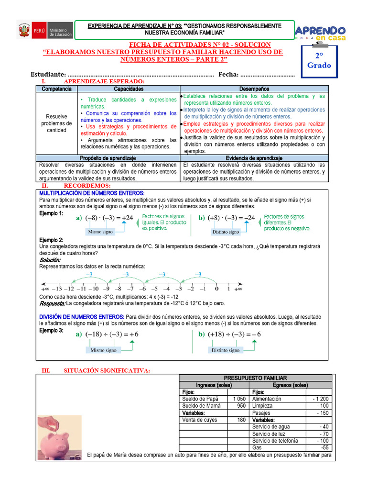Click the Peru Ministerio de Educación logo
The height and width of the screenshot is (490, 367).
coord(45,32)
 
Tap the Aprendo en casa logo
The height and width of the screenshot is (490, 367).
coord(321,32)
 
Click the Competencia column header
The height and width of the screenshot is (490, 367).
coord(56,89)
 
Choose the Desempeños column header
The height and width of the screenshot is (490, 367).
coord(254,89)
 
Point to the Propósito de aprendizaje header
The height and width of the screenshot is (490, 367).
coord(108,158)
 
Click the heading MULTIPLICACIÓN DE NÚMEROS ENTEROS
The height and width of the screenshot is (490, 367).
coord(92,193)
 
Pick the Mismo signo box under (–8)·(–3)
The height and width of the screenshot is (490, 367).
coord(101,232)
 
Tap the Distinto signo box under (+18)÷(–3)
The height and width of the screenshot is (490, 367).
coord(226,350)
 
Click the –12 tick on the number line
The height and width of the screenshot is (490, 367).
coord(70,288)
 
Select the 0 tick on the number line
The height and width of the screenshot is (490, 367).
coord(216,288)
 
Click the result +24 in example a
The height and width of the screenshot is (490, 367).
coord(127,218)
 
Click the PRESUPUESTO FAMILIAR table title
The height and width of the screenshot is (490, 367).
coord(255,378)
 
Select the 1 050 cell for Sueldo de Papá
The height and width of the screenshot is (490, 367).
coord(238,399)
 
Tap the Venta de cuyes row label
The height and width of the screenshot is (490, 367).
coord(199,420)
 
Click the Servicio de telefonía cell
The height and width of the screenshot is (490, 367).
coord(275,441)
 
